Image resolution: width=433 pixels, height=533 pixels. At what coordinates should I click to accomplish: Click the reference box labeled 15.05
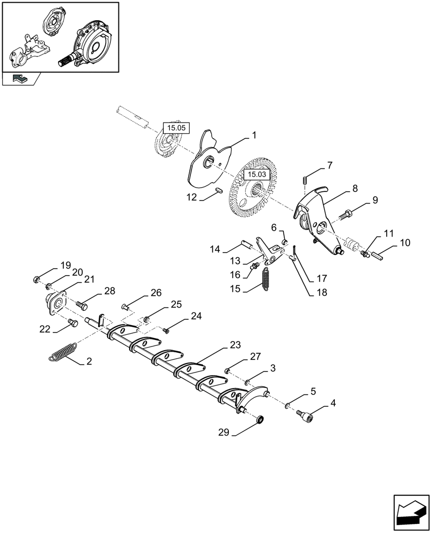click(x=175, y=128)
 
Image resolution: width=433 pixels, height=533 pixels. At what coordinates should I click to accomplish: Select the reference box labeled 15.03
click(x=255, y=174)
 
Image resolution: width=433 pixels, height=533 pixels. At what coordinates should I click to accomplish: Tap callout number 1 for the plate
click(x=254, y=136)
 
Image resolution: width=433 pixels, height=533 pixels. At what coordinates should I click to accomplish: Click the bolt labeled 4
click(x=308, y=414)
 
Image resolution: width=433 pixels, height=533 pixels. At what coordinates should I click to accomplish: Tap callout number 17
click(x=322, y=278)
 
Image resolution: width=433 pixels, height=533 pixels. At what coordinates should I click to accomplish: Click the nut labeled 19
click(x=37, y=279)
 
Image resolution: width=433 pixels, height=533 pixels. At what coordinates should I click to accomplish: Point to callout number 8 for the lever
click(x=354, y=189)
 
